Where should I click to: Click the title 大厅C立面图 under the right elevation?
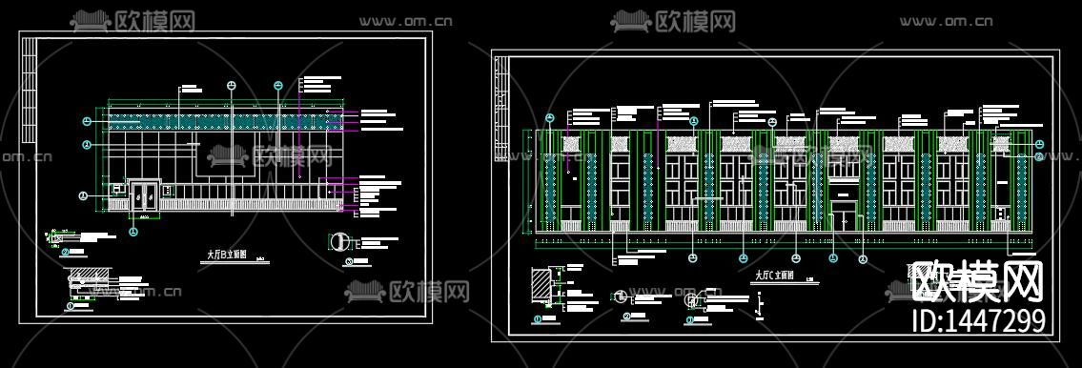click(773, 276)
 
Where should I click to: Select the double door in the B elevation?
click(144, 195)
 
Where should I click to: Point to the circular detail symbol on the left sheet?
click(338, 239)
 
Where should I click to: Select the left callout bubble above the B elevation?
click(231, 86)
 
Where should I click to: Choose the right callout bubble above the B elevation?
click(278, 86)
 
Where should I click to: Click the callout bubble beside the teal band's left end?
click(87, 121)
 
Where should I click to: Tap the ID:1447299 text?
click(979, 320)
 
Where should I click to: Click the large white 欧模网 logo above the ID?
click(977, 283)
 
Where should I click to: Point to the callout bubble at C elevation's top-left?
click(549, 118)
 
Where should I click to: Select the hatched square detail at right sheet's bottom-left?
click(540, 285)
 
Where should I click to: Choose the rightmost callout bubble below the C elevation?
click(863, 258)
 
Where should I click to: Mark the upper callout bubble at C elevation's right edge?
click(1039, 145)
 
